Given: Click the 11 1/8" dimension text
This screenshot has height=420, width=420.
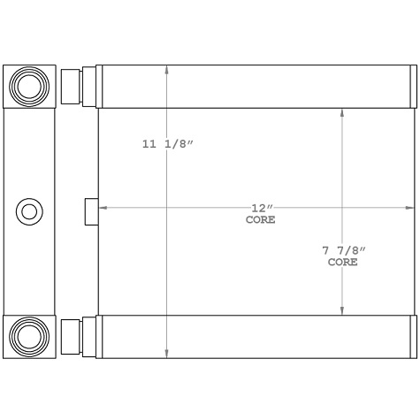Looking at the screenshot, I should pyautogui.click(x=167, y=144).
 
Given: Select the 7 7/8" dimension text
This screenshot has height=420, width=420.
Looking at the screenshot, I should pyautogui.click(x=343, y=251).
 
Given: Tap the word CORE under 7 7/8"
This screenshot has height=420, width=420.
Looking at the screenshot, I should pyautogui.click(x=343, y=263).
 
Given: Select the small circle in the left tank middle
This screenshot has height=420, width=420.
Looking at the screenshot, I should pyautogui.click(x=29, y=210).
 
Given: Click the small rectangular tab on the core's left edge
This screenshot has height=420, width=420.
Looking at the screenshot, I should pyautogui.click(x=91, y=211).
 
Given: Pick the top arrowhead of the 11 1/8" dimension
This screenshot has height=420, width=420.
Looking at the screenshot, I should pyautogui.click(x=167, y=70).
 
